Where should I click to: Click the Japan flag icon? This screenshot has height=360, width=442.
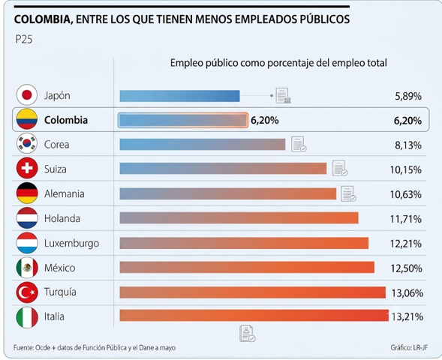[x=27, y=95]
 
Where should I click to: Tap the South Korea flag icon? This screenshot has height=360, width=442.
[x=27, y=144]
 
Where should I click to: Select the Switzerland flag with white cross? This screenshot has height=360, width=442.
[x=27, y=168]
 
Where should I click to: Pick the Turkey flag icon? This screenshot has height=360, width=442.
[x=27, y=292]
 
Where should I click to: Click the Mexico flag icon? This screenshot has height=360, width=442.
[x=27, y=267]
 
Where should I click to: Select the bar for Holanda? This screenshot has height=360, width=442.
[x=239, y=218]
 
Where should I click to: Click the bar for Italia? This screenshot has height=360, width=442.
[x=254, y=315]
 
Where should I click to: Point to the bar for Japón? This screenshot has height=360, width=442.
[x=179, y=96]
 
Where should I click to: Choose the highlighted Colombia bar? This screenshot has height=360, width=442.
[x=183, y=120]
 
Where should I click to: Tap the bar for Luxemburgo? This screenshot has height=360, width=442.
[x=244, y=243]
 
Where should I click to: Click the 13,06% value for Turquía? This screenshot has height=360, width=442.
[x=407, y=293]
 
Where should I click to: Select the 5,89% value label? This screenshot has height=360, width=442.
[x=408, y=96]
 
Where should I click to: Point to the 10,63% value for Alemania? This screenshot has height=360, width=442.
[x=406, y=194]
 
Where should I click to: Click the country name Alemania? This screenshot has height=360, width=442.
[x=65, y=193]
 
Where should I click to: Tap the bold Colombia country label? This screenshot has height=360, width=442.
[x=66, y=120]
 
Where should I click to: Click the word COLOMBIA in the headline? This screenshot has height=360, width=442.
[x=42, y=19]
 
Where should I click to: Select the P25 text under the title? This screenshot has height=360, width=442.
[x=24, y=39]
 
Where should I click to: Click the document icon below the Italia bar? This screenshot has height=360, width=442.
[x=247, y=334]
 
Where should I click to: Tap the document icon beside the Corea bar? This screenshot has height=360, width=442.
[x=299, y=144]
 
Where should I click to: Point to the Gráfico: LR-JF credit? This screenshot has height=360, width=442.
[x=409, y=347]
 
